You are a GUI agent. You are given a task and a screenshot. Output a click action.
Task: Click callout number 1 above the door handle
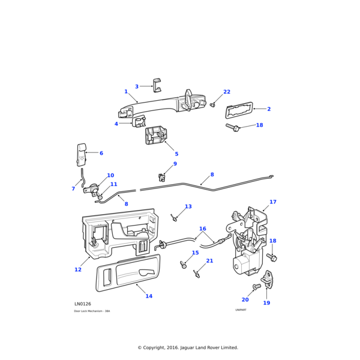tap(126, 92)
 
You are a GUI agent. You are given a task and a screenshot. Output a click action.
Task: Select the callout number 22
tap(226, 92)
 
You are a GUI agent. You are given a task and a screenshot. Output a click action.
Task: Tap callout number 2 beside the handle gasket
tap(269, 109)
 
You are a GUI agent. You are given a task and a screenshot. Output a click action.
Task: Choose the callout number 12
tap(78, 269)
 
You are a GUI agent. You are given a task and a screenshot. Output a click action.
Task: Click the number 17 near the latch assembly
tap(273, 202)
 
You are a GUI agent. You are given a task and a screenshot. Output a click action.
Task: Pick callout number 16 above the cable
tap(202, 229)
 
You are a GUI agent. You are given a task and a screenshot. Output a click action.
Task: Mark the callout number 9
tap(175, 164)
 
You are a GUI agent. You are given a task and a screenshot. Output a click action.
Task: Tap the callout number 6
tap(101, 153)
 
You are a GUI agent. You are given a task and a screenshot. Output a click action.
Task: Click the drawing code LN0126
tap(83, 304)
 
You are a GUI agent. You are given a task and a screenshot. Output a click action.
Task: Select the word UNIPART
tap(241, 310)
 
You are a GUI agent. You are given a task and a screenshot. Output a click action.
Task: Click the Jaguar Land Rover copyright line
tap(188, 347)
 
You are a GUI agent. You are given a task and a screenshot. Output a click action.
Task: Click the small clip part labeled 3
tap(157, 86)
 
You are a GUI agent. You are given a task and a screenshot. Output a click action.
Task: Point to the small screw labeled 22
tap(213, 106)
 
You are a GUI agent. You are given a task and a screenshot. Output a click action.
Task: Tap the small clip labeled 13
tap(174, 217)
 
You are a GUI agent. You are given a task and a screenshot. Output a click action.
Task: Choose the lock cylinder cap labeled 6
tap(81, 154)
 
